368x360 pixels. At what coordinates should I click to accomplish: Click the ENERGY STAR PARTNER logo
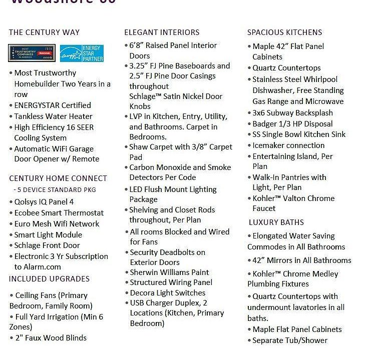(82, 53)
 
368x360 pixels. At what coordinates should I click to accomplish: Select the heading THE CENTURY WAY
(44, 32)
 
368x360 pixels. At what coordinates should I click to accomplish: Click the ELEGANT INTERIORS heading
(162, 32)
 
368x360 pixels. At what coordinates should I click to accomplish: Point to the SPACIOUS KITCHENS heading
(284, 32)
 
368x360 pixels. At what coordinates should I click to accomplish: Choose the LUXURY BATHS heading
(276, 222)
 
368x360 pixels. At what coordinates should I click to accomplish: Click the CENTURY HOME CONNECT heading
(58, 178)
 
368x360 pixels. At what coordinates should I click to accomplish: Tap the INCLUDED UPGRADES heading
(49, 279)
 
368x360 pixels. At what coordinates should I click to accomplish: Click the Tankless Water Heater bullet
(53, 116)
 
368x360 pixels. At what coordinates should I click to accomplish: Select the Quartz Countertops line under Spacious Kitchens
(286, 68)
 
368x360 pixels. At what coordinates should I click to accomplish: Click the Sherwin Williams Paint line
(169, 272)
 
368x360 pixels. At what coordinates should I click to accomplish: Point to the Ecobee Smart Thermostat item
(59, 213)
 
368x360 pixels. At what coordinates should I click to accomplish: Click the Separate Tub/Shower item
(290, 340)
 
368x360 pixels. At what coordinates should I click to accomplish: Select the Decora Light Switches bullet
(168, 293)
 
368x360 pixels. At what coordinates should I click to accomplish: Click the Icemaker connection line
(288, 145)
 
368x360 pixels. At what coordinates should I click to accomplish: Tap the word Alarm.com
(38, 267)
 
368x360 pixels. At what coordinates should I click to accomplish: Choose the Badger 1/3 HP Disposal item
(292, 124)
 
